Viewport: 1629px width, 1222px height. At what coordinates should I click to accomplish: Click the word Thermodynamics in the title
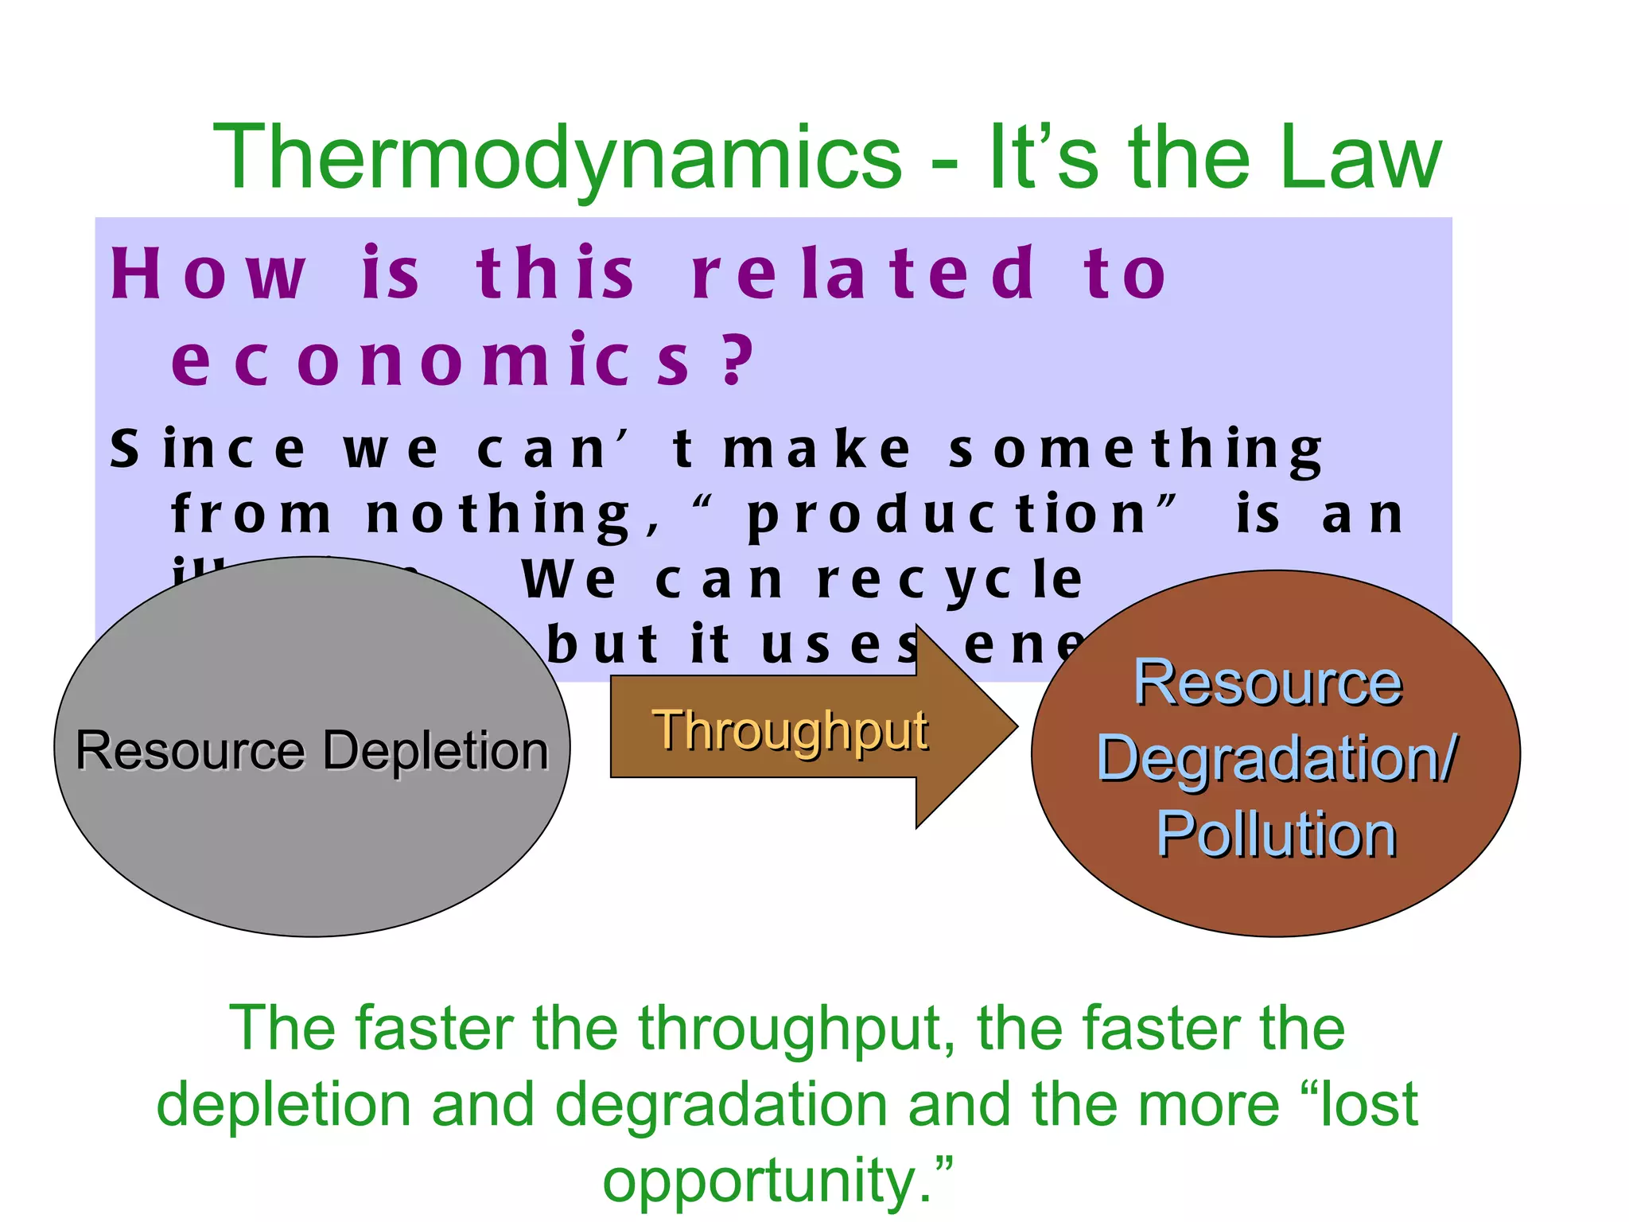pyautogui.click(x=558, y=159)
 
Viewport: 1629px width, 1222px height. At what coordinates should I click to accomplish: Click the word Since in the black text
pyautogui.click(x=208, y=449)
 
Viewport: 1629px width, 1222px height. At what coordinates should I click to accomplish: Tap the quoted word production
pyautogui.click(x=947, y=516)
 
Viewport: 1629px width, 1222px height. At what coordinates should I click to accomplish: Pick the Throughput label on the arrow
pyautogui.click(x=790, y=730)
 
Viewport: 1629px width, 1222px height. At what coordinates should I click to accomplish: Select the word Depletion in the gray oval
pyautogui.click(x=437, y=750)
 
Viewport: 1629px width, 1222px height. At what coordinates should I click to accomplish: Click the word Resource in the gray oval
pyautogui.click(x=190, y=750)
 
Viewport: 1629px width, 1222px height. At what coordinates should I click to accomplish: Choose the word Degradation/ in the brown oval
pyautogui.click(x=1276, y=758)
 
